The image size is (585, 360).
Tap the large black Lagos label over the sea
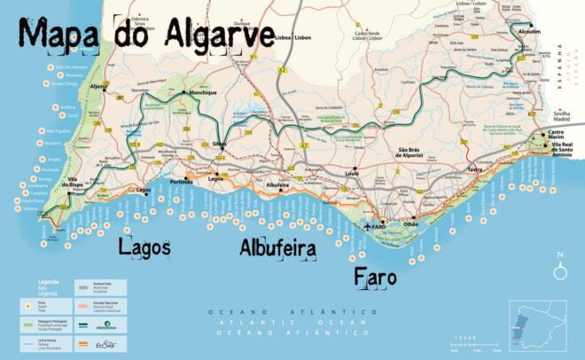pos(144,247)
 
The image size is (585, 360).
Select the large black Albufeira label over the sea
pos(278,248)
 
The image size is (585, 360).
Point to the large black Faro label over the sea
pos(376,278)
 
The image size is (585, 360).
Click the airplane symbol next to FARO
pos(368,228)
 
